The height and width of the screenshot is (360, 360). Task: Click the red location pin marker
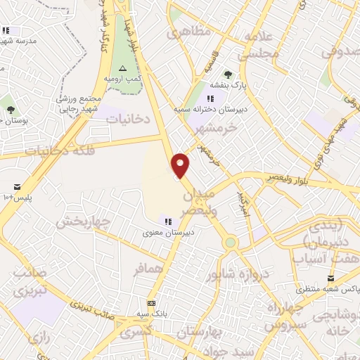181,165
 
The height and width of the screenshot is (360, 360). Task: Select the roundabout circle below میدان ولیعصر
230,243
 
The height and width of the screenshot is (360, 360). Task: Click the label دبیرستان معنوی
169,232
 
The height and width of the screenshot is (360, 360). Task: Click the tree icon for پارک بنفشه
227,73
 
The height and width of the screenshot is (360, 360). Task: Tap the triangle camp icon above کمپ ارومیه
123,68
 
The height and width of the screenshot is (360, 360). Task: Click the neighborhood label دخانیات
128,120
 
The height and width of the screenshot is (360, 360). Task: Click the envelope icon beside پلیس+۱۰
15,187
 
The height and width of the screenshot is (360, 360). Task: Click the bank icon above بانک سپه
151,302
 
